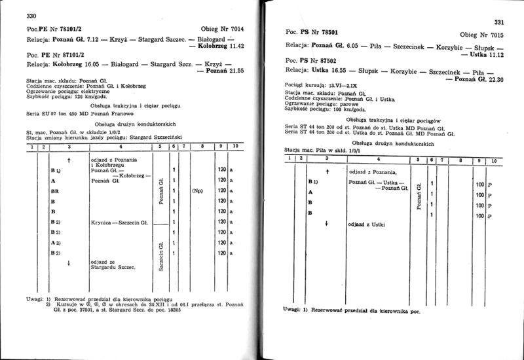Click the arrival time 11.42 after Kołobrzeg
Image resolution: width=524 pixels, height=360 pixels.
(x=234, y=47)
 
